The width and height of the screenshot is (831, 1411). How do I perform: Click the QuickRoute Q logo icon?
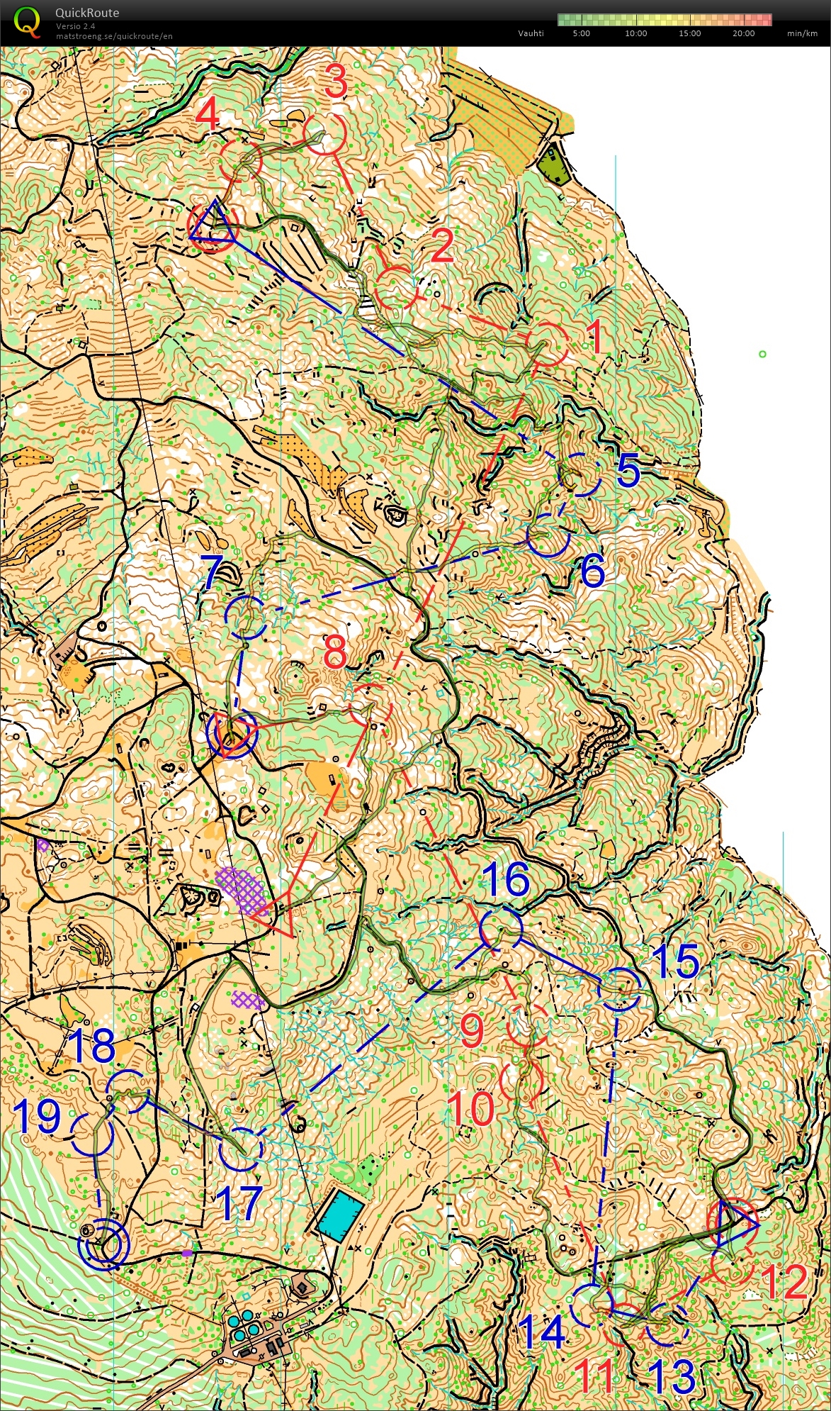[x=27, y=21]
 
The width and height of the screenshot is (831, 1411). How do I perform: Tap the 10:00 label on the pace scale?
[x=635, y=33]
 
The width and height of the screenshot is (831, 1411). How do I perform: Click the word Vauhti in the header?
[x=530, y=33]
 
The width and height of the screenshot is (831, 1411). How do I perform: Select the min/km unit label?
[x=801, y=33]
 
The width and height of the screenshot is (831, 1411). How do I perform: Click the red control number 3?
[x=336, y=81]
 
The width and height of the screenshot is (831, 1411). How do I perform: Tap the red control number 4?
[x=208, y=114]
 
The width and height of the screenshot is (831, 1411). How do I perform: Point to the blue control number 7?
[x=213, y=573]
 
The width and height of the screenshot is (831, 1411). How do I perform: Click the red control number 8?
[x=335, y=652]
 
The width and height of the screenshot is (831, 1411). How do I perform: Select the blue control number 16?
[x=506, y=879]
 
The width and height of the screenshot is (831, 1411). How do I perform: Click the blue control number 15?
[x=677, y=961]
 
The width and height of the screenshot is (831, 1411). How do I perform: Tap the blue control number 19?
[x=38, y=1117]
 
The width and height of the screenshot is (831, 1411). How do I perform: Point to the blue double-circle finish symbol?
[x=104, y=1243]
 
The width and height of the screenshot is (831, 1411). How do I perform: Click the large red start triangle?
[x=275, y=911]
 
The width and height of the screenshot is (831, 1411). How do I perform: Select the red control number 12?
[x=784, y=1282]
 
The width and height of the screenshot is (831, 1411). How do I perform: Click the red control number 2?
[x=442, y=246]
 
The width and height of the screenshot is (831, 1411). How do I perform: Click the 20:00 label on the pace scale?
[x=743, y=33]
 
